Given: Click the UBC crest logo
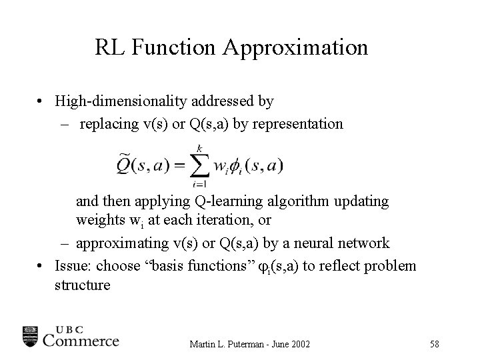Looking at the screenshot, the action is (31, 336).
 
